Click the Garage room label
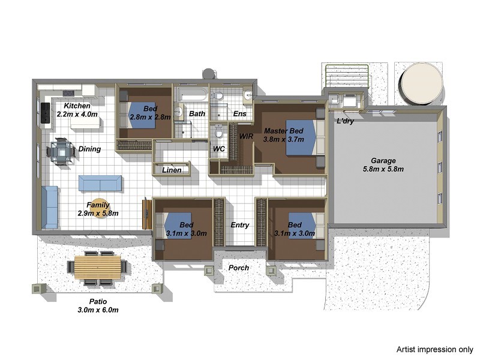click(383, 160)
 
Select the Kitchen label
click(77, 106)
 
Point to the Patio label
click(98, 301)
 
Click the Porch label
click(239, 268)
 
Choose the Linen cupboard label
click(172, 170)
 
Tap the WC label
click(218, 148)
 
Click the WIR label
click(247, 137)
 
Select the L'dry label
click(346, 121)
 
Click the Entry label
click(240, 225)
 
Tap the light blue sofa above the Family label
click(100, 183)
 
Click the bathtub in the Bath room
click(192, 94)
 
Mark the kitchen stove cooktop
click(45, 112)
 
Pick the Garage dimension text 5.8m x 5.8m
click(383, 169)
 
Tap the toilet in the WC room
click(219, 131)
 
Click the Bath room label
click(197, 113)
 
